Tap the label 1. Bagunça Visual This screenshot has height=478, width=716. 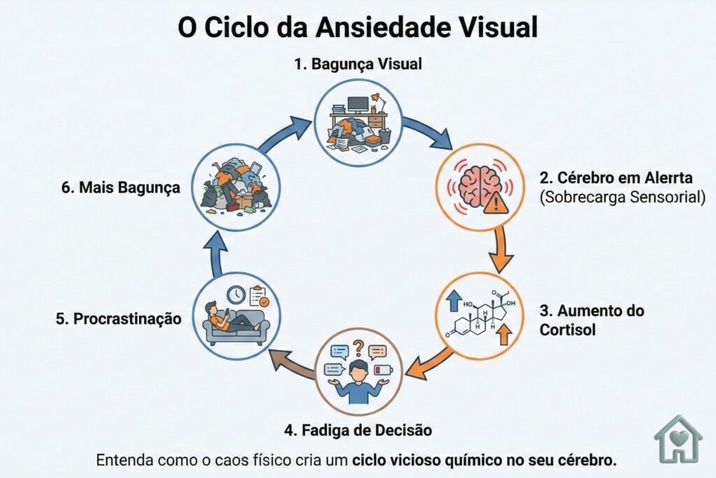357,64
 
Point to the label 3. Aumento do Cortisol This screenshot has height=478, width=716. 592,319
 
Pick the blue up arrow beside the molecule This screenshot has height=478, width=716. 453,300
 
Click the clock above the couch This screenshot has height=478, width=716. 236,295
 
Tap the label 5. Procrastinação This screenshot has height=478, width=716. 118,318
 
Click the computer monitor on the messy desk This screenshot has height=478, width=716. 357,104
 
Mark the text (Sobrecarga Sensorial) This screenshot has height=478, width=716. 622,197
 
